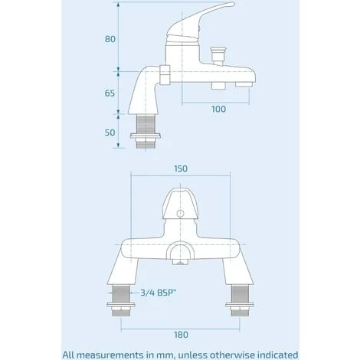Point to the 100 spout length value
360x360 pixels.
click(x=218, y=110)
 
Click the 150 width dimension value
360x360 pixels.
click(x=180, y=169)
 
